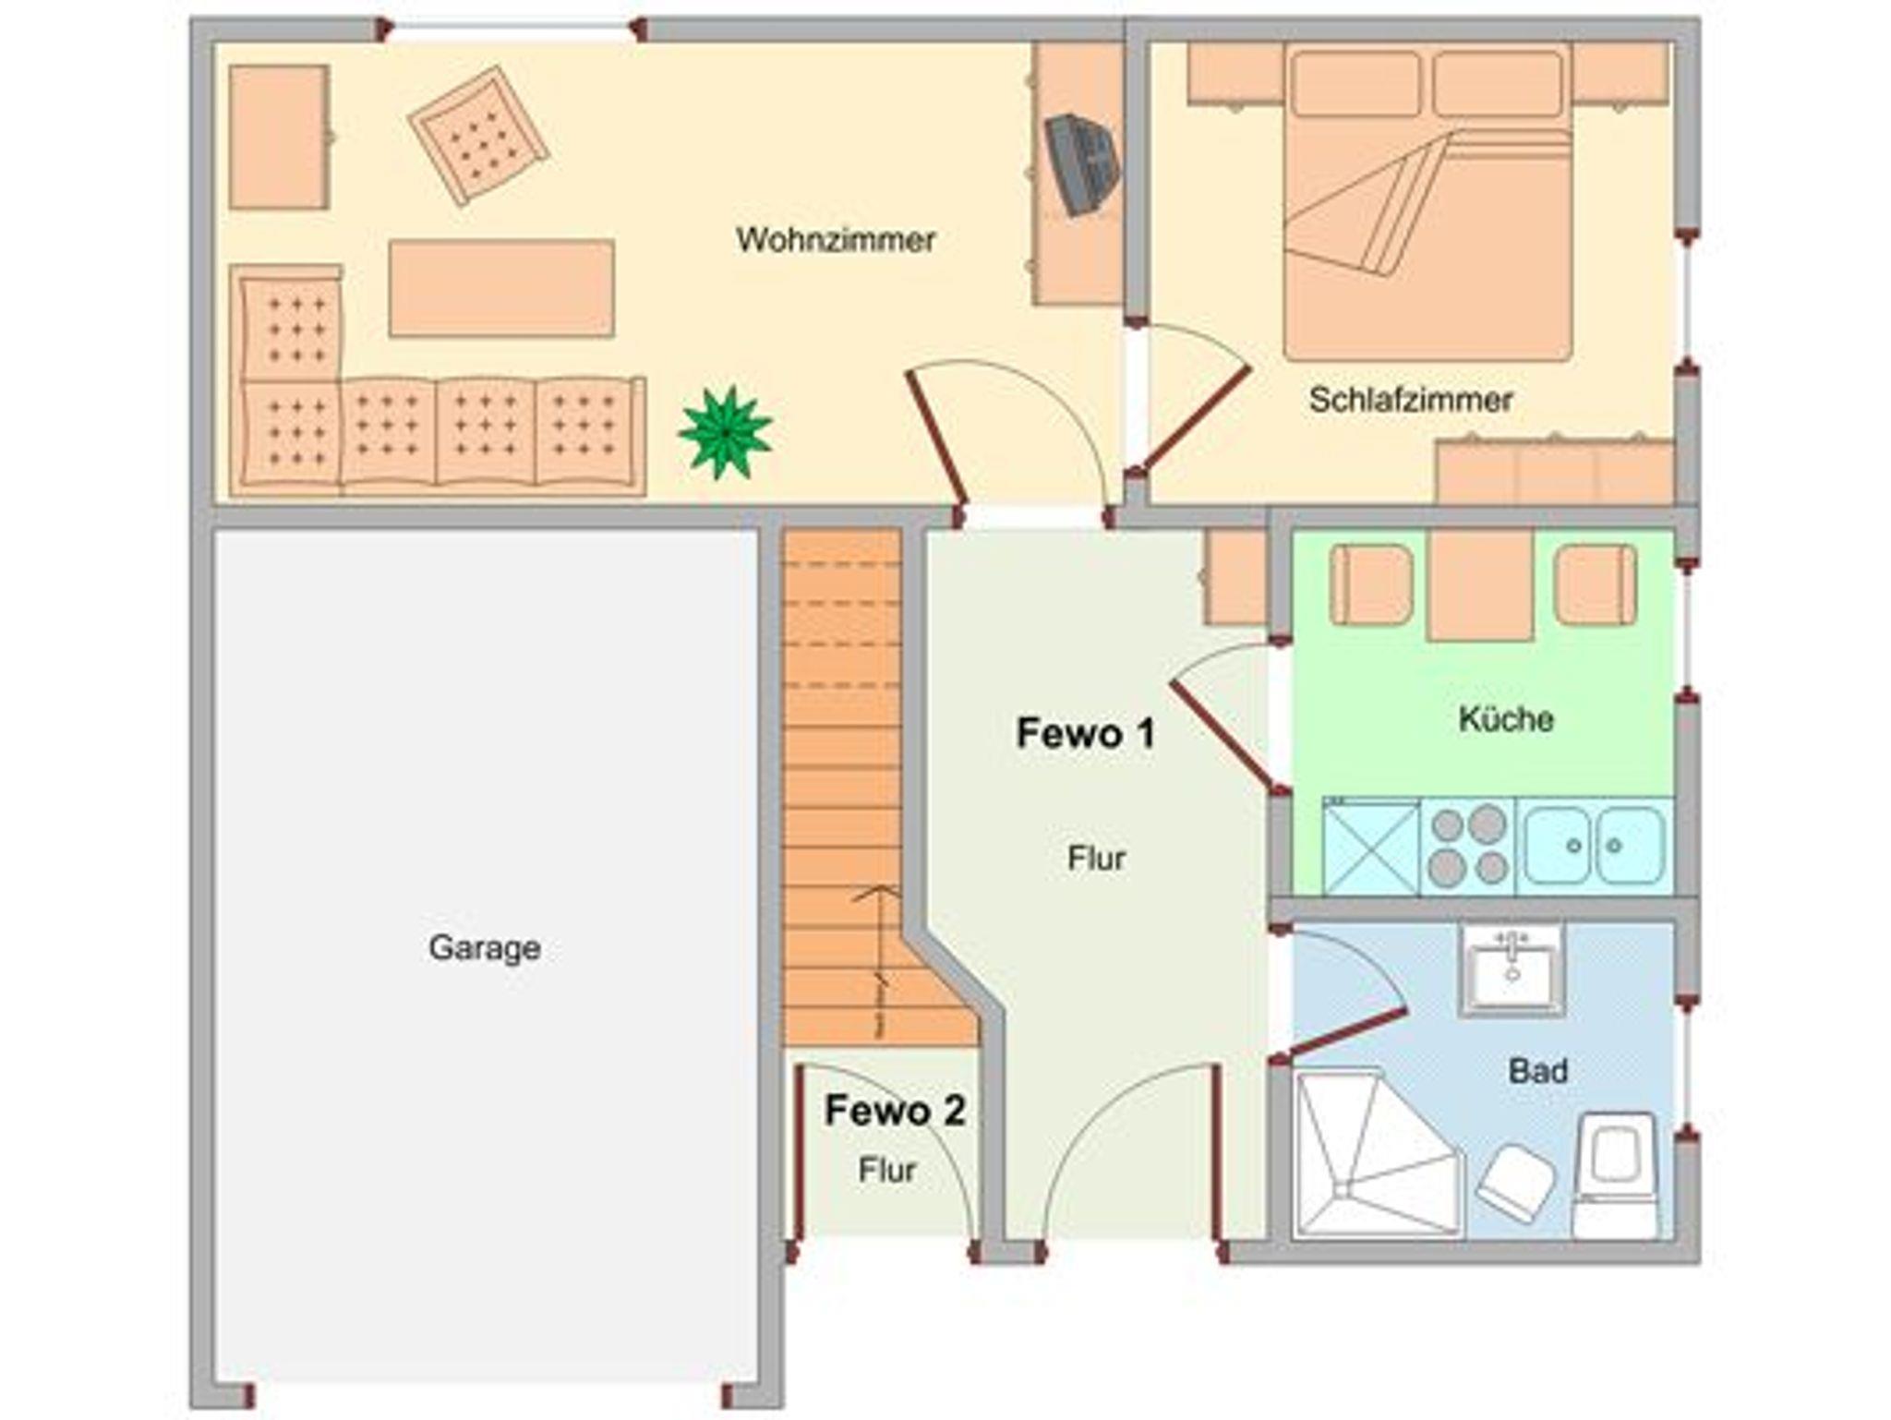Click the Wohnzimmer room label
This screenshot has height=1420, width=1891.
pos(836,240)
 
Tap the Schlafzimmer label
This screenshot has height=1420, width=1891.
pos(1411,400)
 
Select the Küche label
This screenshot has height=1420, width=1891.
pos(1506,718)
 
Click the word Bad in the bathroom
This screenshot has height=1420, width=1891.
pos(1537,1071)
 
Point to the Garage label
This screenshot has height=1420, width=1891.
pos(485,948)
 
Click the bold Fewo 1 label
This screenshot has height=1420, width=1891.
pos(1085,733)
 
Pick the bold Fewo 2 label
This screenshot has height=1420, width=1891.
pos(895,1111)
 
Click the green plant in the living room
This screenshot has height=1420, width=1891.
pos(726,432)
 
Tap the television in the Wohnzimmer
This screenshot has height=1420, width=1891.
pos(1081,164)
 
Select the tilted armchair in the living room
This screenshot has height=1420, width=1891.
pos(479,135)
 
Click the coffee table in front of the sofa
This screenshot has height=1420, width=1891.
pos(501,288)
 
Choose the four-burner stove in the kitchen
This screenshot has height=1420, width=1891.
pos(1467,846)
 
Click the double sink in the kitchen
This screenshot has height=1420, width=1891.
pos(1594,846)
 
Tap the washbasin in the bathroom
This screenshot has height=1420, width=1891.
pos(1512,969)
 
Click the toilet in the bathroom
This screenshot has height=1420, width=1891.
pos(1615,1174)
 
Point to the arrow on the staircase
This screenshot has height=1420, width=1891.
pos(878,960)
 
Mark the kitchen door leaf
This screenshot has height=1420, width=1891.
pos(1226,736)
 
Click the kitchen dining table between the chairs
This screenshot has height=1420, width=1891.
pos(1480,585)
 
